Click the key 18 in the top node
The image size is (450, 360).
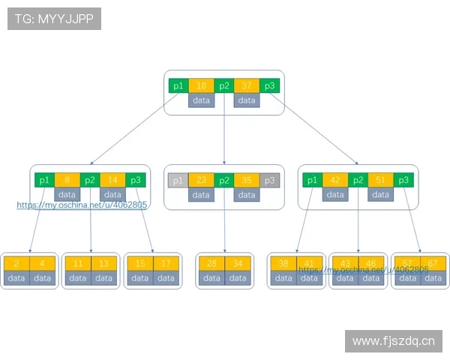click(201, 85)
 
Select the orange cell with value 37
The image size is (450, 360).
click(246, 85)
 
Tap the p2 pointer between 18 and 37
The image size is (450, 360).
click(223, 85)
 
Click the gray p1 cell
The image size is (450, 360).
click(177, 180)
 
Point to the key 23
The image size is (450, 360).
click(200, 180)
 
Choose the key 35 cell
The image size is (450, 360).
click(245, 180)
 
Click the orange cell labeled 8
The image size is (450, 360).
click(67, 180)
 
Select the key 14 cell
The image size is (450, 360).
click(112, 180)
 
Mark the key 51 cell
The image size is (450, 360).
click(379, 180)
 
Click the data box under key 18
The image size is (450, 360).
click(201, 100)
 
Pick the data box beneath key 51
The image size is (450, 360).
click(379, 194)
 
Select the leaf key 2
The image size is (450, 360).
click(16, 263)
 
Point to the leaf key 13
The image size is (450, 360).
click(103, 263)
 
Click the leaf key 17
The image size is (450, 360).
click(165, 263)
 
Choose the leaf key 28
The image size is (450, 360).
click(211, 263)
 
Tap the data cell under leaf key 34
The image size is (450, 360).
click(237, 277)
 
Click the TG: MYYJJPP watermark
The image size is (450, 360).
click(54, 19)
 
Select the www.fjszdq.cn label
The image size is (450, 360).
click(393, 341)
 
